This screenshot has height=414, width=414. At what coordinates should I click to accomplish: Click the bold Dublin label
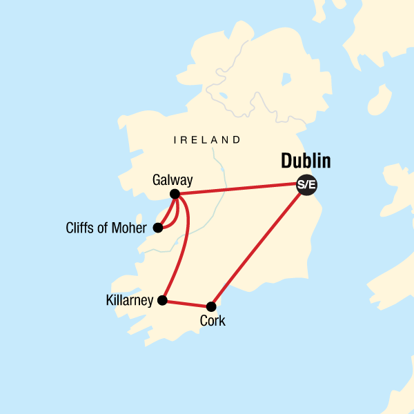(306, 162)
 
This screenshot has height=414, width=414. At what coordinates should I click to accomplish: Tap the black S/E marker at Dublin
(306, 185)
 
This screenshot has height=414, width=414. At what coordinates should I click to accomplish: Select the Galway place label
(172, 181)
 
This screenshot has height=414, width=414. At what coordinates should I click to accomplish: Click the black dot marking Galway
(175, 194)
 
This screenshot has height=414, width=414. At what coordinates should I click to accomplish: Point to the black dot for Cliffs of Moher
(158, 228)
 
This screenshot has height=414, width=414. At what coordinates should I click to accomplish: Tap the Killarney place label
(130, 301)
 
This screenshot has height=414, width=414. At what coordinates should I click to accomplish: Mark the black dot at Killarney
(162, 300)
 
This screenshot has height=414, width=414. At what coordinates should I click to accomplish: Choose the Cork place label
(212, 321)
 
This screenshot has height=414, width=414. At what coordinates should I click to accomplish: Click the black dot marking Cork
(212, 306)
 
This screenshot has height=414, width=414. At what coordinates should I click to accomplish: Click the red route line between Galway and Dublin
(238, 190)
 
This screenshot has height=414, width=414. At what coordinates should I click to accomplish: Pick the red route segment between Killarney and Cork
(187, 303)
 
